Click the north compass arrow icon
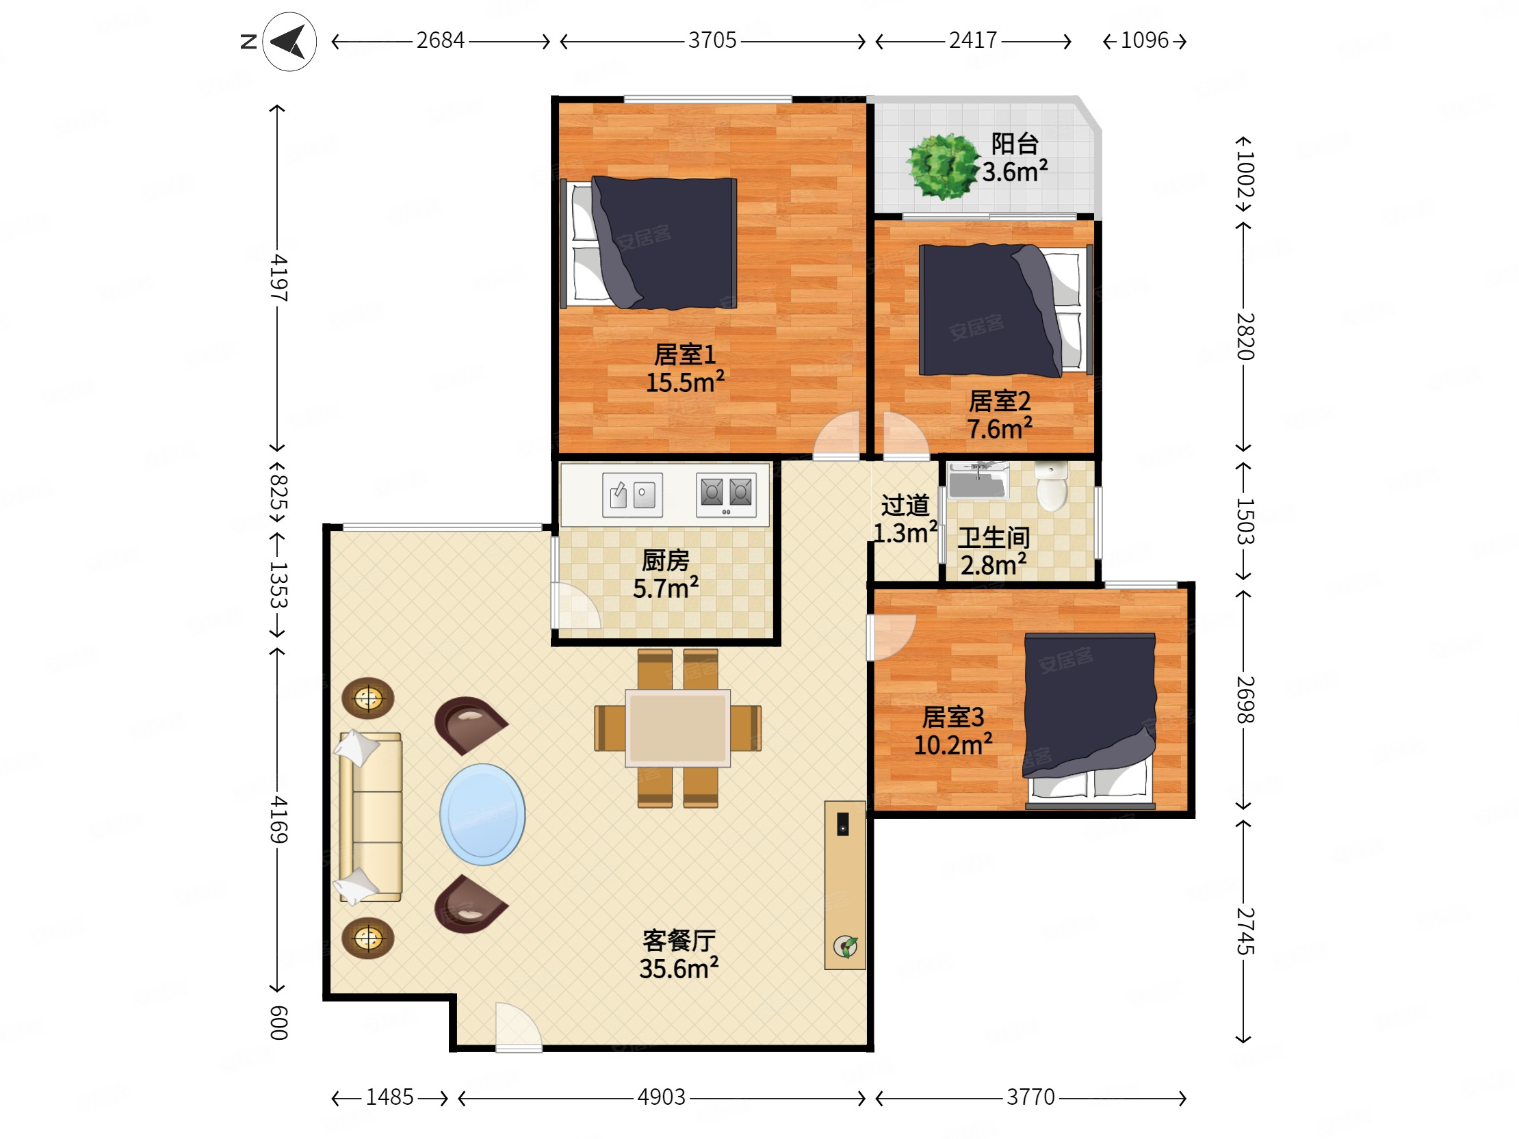(289, 42)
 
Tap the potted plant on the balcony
(942, 166)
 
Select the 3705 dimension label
(712, 40)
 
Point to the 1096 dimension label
(1144, 40)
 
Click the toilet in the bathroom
(1052, 486)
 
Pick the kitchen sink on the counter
(632, 495)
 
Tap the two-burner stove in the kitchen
(726, 495)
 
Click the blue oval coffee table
(483, 814)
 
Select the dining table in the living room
(678, 728)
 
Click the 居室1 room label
(685, 355)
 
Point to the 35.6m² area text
(679, 968)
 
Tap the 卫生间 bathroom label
(994, 538)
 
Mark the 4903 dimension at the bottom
(661, 1097)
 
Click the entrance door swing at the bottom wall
(519, 1025)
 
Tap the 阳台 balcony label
(1014, 144)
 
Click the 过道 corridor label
(905, 506)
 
